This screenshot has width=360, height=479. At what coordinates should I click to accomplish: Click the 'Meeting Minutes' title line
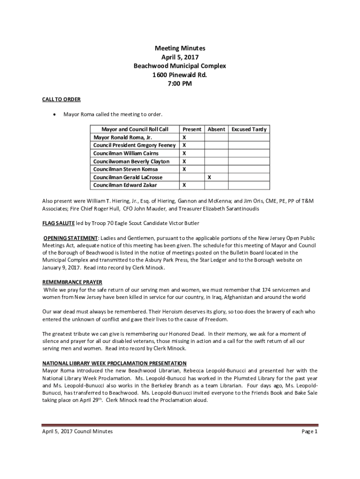tap(180, 48)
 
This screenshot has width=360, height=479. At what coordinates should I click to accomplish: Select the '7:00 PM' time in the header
tap(180, 84)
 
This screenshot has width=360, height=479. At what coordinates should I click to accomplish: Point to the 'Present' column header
tap(192, 129)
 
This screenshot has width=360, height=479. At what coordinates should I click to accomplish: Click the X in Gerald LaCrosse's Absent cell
tap(209, 177)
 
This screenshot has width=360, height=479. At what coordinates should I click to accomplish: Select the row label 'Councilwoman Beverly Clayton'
tap(131, 161)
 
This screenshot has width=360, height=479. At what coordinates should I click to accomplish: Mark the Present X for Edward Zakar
tap(184, 185)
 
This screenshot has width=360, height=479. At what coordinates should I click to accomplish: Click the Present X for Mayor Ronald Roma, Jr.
tap(184, 138)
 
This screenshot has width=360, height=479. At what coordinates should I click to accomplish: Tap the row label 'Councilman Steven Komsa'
tap(125, 169)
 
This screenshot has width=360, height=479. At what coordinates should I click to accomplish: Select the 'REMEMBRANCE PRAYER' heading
tap(72, 282)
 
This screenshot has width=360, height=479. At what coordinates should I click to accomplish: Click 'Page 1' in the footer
tap(310, 431)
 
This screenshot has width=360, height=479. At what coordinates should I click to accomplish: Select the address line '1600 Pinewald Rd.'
tap(180, 75)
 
